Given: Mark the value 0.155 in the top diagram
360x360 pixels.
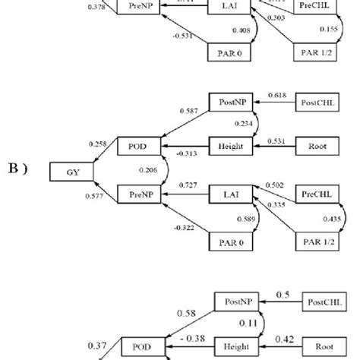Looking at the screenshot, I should pos(329,29).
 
